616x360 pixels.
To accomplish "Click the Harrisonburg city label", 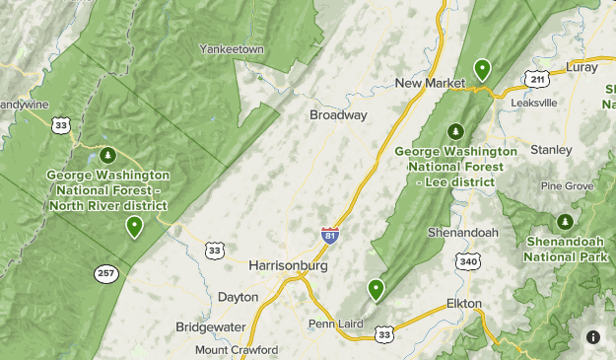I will pyautogui.click(x=288, y=265).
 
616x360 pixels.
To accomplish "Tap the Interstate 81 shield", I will pyautogui.click(x=330, y=235).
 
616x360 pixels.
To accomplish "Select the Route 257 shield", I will pyautogui.click(x=106, y=272).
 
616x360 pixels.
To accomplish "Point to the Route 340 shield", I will pyautogui.click(x=467, y=260).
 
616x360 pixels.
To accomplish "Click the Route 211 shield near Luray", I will pyautogui.click(x=536, y=78).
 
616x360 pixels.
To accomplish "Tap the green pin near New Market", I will pyautogui.click(x=482, y=68).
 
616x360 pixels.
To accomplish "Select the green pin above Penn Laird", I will pyautogui.click(x=376, y=288).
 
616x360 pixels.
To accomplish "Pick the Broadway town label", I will pyautogui.click(x=338, y=115).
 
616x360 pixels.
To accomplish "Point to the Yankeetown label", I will pyautogui.click(x=233, y=48).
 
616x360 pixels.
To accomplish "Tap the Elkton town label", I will pyautogui.click(x=463, y=303).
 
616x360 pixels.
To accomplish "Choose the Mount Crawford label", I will pyautogui.click(x=237, y=349).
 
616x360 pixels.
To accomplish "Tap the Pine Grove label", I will pyautogui.click(x=567, y=185).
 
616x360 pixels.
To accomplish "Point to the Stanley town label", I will pyautogui.click(x=551, y=150).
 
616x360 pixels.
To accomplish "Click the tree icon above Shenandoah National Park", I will pyautogui.click(x=565, y=220).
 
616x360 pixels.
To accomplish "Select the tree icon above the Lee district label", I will pyautogui.click(x=455, y=130).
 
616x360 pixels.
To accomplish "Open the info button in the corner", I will pyautogui.click(x=593, y=336).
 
